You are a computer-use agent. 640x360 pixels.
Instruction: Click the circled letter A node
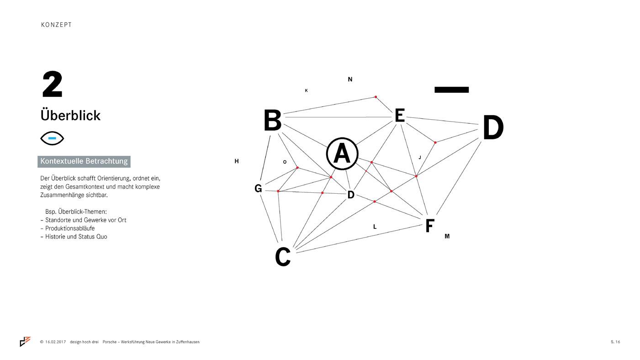[342, 154]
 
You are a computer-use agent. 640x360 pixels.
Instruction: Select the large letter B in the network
[272, 121]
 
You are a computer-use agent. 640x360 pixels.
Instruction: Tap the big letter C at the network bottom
[283, 257]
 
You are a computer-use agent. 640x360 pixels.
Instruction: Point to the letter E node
[399, 116]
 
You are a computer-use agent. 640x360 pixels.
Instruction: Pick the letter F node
[429, 226]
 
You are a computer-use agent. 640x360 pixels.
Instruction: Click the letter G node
[258, 189]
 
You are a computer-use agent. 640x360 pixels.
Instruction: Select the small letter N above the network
[350, 79]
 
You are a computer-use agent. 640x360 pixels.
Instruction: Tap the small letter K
[306, 90]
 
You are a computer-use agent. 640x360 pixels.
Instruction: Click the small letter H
[236, 161]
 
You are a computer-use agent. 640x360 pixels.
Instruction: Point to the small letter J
[419, 158]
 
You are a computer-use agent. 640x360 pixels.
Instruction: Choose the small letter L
[375, 227]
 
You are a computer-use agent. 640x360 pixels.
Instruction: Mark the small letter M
[447, 236]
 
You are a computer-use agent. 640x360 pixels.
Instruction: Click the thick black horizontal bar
[451, 90]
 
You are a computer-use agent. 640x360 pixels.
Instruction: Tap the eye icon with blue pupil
[52, 138]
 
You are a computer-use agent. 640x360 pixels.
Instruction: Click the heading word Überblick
[70, 115]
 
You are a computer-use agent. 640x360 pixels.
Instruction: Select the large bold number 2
[52, 85]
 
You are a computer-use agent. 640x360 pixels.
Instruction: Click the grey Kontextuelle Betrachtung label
[84, 161]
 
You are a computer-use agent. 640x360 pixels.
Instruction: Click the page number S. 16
[615, 342]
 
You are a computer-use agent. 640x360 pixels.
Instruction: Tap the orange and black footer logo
[25, 341]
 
